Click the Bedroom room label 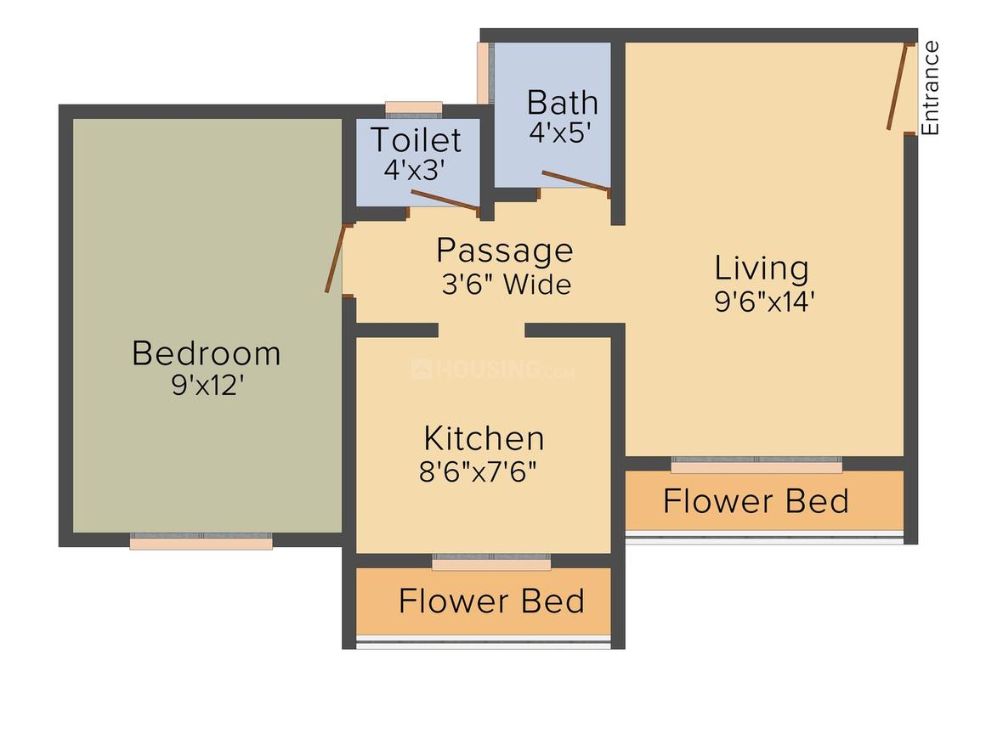coord(206,353)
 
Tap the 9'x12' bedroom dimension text coord(207,385)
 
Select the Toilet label coord(416,139)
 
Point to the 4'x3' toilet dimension coord(414,169)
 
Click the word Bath coord(562,103)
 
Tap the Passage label coord(505,251)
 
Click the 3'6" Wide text coord(506,284)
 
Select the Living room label coord(761,268)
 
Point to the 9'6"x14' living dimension coord(765,301)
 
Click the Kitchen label coord(484,438)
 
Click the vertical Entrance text coord(931,87)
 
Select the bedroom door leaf coord(337,258)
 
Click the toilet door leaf coord(445,198)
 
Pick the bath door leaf coord(575,180)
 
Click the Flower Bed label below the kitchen coord(491,601)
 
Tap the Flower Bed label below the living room coord(756,501)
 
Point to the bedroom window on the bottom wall coord(201,541)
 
